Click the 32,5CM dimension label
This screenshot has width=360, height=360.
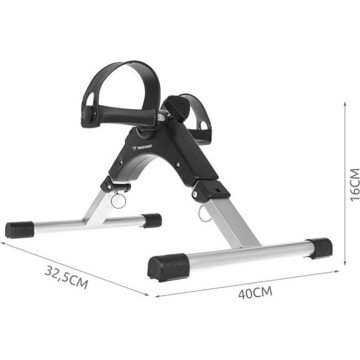pyautogui.click(x=66, y=277)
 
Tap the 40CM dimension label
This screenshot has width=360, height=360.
pyautogui.click(x=255, y=292)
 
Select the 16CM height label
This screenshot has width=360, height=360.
pyautogui.click(x=354, y=185)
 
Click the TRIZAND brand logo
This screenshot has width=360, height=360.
pyautogui.click(x=142, y=147)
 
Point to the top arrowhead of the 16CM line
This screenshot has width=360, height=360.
pyautogui.click(x=345, y=104)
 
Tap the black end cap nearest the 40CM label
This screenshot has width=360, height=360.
pyautogui.click(x=168, y=267)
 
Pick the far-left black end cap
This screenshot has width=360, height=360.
pyautogui.click(x=19, y=230)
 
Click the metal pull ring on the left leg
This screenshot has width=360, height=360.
pyautogui.click(x=119, y=200)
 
